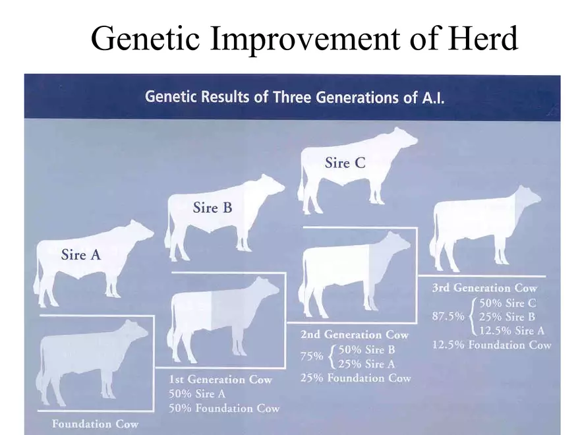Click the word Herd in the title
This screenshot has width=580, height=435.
483,38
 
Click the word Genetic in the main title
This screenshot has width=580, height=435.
145,38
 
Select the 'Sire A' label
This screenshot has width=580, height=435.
81,254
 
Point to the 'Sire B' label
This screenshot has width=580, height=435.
212,208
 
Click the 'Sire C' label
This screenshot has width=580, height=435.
345,163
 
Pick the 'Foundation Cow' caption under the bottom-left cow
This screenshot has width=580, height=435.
95,424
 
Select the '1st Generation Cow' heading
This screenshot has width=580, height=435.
220,380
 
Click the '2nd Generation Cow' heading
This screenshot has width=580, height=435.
355,335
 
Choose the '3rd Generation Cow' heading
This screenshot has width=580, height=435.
484,288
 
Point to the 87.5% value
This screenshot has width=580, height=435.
448,316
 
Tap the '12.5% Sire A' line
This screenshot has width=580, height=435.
511,331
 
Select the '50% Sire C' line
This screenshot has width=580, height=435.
507,303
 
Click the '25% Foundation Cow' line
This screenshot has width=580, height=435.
355,378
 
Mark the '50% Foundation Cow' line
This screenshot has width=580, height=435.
224,409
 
